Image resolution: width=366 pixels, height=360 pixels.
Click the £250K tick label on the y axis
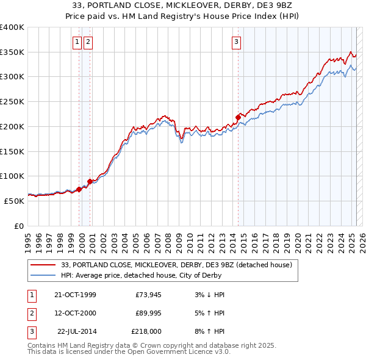pyautogui.click(x=12, y=101)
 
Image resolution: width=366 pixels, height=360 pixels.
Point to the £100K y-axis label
pyautogui.click(x=12, y=176)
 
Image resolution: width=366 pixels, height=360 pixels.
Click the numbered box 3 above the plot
pyautogui.click(x=236, y=42)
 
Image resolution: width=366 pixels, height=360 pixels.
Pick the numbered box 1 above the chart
pyautogui.click(x=77, y=42)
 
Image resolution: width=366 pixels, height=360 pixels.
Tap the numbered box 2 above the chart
pyautogui.click(x=88, y=42)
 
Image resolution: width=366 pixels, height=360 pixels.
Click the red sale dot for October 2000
pyautogui.click(x=90, y=181)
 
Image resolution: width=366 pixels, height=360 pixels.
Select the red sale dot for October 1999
pyautogui.click(x=79, y=189)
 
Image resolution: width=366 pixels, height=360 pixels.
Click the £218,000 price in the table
pyautogui.click(x=146, y=331)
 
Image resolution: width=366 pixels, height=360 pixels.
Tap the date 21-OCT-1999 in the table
pyautogui.click(x=75, y=295)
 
